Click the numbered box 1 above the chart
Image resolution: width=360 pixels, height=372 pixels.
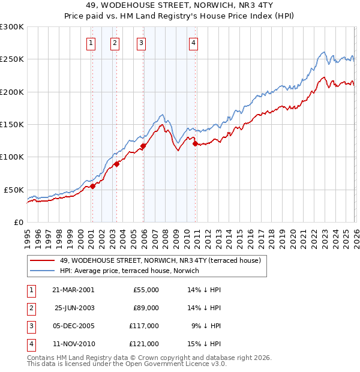(x=91, y=42)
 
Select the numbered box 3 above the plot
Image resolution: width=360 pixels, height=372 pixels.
(x=141, y=42)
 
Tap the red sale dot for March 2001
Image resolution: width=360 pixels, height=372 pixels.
(x=92, y=187)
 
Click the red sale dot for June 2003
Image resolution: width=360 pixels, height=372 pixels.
(x=116, y=164)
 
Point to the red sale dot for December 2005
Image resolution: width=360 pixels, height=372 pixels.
(x=143, y=146)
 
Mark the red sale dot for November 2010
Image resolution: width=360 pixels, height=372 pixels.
(x=195, y=143)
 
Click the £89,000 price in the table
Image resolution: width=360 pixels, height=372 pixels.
(x=146, y=308)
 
